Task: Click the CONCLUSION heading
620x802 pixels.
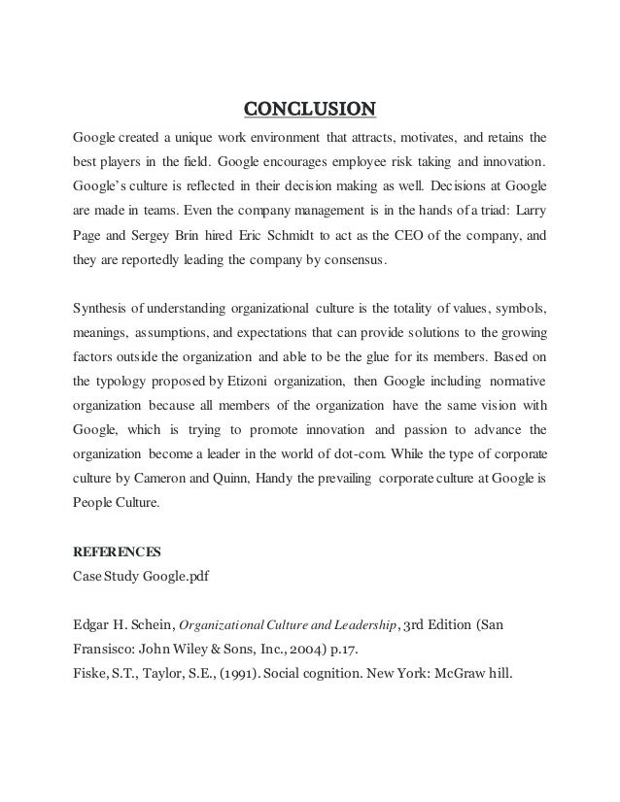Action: click(x=309, y=106)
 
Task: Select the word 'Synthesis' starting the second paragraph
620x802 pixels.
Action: click(x=101, y=310)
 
